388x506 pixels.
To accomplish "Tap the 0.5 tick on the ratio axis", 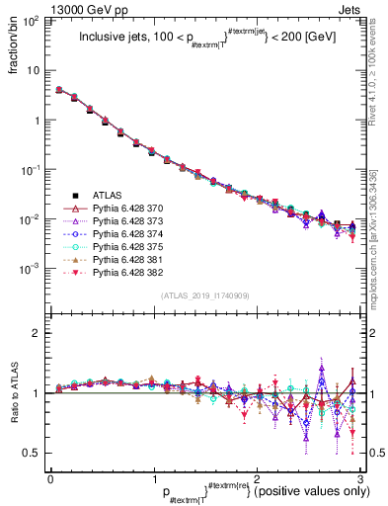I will pyautogui.click(x=34, y=453).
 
